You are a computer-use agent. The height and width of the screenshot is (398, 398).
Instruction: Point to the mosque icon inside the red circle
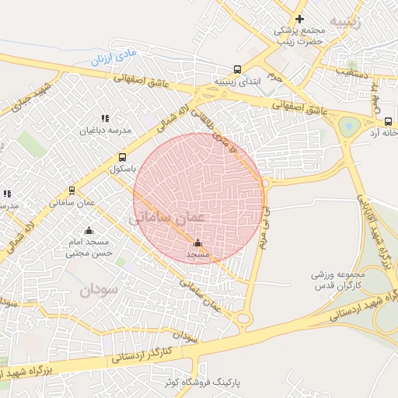197,243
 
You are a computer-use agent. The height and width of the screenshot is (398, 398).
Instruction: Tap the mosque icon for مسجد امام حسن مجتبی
89,230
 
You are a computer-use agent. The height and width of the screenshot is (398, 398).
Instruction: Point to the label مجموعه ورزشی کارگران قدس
339,281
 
